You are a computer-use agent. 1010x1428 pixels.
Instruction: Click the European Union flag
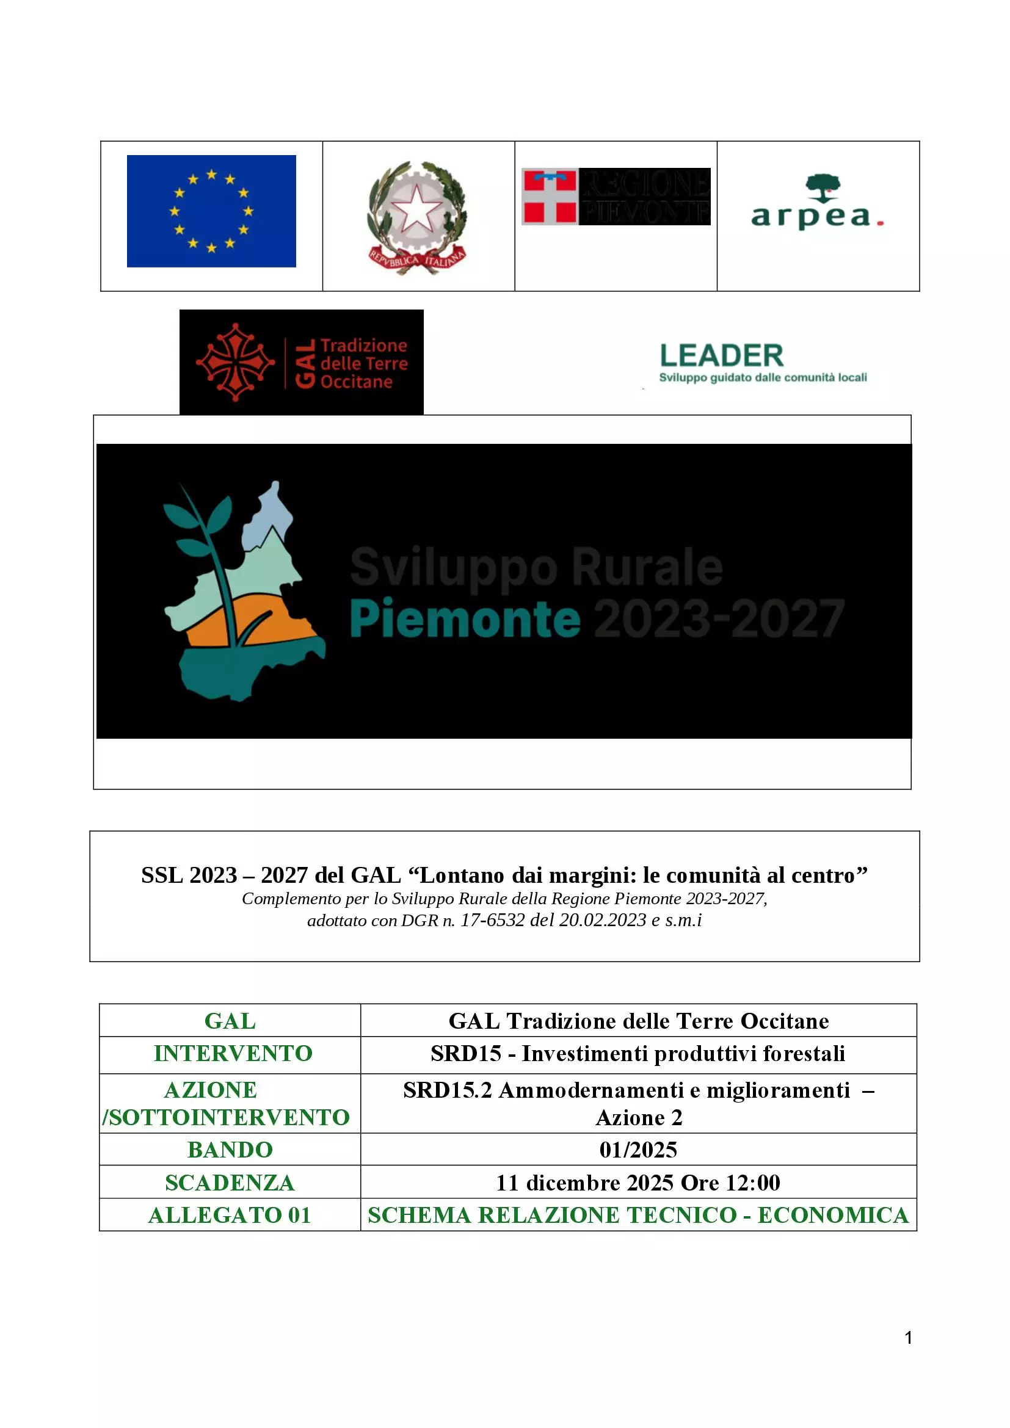211,211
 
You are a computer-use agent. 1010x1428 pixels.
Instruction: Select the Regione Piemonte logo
616,197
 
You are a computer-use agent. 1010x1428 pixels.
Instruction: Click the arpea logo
817,205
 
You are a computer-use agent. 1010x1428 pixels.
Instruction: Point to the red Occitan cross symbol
235,362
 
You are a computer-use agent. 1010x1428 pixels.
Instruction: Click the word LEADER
721,356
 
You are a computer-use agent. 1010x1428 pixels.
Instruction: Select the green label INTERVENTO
233,1053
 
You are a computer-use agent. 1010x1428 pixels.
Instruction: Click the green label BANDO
230,1150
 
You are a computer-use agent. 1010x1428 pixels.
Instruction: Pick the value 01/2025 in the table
638,1150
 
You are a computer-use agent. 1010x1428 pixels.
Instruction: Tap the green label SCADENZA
230,1183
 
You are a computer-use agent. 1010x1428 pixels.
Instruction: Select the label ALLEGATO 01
230,1215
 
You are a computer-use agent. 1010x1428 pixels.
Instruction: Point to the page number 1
908,1337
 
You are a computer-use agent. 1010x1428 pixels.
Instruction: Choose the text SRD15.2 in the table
447,1090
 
